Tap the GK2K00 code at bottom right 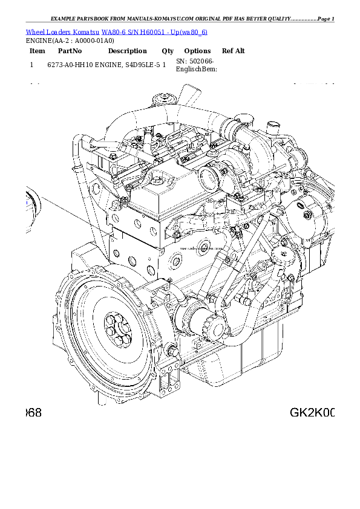tap(312, 413)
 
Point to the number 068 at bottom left tap(33, 413)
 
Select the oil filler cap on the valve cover tap(159, 180)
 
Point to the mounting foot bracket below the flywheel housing tap(169, 382)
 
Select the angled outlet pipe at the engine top tap(189, 96)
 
